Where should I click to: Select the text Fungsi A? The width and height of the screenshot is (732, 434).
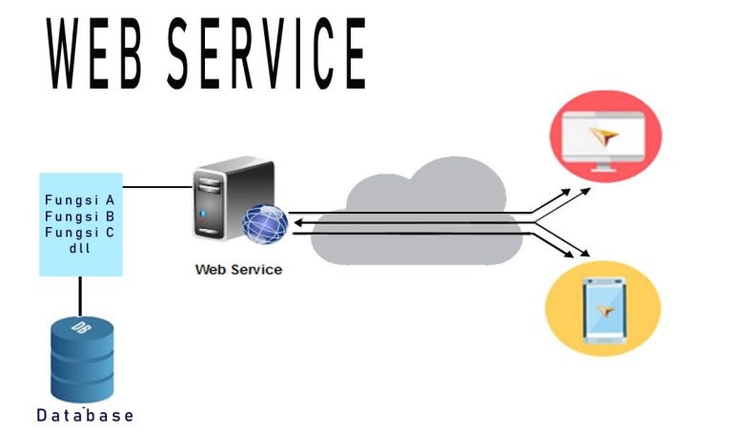[80, 201]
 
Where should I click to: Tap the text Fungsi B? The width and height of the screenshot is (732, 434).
[80, 217]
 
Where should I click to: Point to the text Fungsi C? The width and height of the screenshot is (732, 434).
[80, 232]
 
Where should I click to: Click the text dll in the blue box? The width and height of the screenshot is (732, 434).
[80, 247]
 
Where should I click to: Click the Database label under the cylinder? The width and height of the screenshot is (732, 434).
[85, 416]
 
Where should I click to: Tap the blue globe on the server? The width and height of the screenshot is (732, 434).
[264, 224]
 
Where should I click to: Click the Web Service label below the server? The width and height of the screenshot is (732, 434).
[238, 270]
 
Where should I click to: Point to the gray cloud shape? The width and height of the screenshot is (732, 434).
[419, 215]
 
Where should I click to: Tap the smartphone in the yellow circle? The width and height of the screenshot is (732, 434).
[602, 311]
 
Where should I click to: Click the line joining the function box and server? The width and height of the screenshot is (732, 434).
[157, 187]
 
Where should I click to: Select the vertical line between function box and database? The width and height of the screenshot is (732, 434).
[80, 296]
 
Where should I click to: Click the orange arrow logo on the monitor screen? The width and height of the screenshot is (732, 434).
[604, 137]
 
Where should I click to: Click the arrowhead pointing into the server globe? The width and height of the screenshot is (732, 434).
[296, 224]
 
